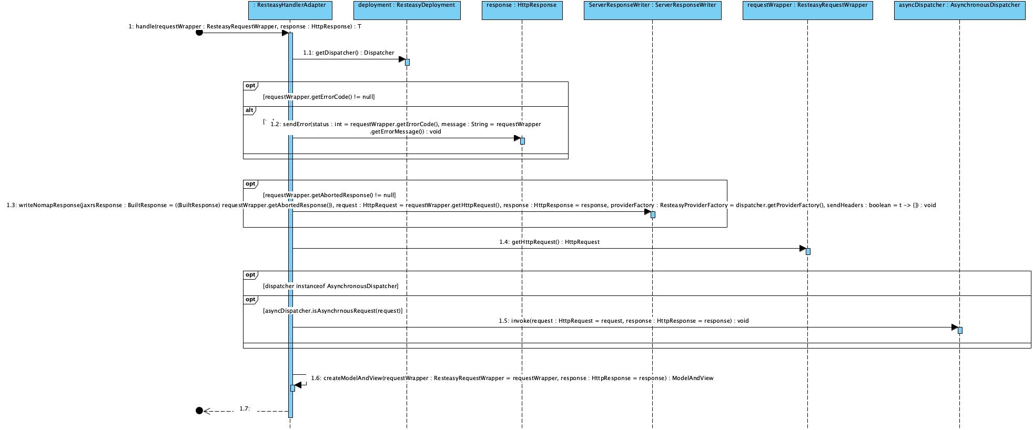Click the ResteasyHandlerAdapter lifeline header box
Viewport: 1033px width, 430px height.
290,11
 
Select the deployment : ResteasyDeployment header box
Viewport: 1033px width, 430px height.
407,11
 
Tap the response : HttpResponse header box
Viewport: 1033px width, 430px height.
522,11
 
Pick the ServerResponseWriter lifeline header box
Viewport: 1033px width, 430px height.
652,11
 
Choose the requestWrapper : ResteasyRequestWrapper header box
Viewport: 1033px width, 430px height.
807,11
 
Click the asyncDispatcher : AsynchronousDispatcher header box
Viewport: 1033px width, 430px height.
959,11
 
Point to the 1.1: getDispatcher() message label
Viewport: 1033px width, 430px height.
348,53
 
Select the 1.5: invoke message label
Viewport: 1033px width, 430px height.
624,321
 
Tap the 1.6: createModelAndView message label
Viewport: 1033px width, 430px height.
512,378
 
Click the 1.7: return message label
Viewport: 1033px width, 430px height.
245,408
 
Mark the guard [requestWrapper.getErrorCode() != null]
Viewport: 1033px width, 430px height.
319,97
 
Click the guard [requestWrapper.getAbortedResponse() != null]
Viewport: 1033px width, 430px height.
329,195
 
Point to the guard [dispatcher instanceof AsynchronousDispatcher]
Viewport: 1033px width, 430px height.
330,286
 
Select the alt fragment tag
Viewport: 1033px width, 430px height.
249,110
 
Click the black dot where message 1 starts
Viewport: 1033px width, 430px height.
199,33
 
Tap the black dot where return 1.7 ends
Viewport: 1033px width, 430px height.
199,411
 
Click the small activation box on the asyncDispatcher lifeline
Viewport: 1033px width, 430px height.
960,330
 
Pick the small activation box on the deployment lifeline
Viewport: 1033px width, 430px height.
407,62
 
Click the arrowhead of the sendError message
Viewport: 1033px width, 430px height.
516,138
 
